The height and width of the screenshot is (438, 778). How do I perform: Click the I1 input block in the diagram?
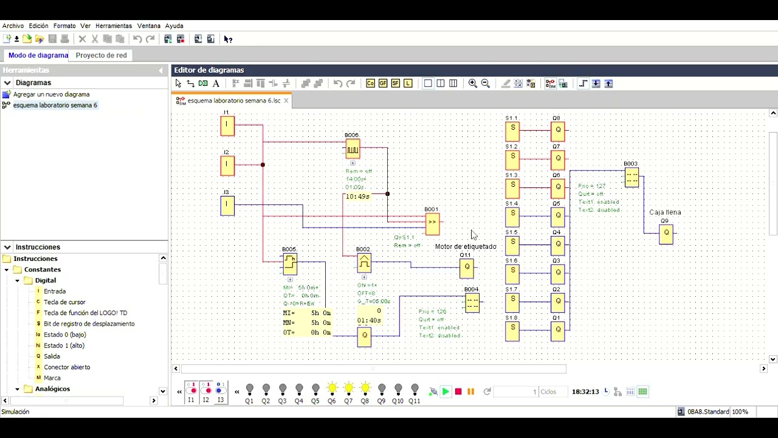(227, 126)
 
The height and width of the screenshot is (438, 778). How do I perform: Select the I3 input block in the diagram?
(227, 206)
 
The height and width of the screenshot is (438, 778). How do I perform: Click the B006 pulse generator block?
(353, 149)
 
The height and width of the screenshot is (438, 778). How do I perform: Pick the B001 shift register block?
(432, 223)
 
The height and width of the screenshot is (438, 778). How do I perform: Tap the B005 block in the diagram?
(289, 263)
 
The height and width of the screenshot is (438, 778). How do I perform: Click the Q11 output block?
(467, 268)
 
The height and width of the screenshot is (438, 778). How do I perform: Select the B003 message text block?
(632, 178)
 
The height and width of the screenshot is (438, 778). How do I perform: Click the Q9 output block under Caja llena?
(666, 234)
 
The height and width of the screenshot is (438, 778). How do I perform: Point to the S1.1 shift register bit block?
(512, 130)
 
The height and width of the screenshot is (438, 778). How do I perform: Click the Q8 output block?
(557, 131)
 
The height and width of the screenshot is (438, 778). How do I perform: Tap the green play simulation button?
(446, 392)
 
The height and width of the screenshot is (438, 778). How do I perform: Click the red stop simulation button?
(458, 392)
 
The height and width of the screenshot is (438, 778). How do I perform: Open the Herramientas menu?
(114, 26)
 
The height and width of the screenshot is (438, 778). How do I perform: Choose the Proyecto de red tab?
(101, 55)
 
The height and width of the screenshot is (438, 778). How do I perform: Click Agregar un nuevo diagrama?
(51, 95)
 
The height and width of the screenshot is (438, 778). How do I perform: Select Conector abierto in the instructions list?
(67, 367)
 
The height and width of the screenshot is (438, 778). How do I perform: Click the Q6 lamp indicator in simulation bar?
(332, 389)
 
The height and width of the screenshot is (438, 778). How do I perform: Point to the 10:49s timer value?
(357, 196)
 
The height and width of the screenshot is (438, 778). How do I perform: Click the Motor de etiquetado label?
(466, 246)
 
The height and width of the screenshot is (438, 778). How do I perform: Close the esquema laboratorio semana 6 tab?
(286, 100)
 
